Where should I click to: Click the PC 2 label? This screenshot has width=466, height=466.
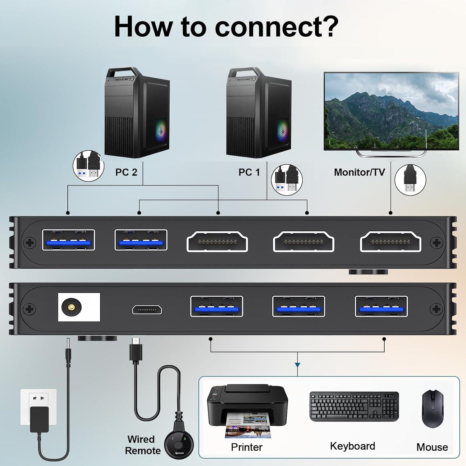click(x=126, y=172)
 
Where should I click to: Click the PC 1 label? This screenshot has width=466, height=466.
click(x=249, y=172)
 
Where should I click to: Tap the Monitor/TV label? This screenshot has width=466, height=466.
click(x=359, y=172)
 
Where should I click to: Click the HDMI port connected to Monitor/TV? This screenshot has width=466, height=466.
click(x=391, y=241)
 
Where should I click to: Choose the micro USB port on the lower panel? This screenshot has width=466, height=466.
click(x=147, y=309)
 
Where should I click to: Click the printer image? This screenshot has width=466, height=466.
click(x=247, y=410)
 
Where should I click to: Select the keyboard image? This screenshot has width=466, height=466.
click(x=354, y=406)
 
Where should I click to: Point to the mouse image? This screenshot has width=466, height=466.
click(x=432, y=409)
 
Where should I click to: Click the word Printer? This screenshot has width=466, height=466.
click(x=247, y=447)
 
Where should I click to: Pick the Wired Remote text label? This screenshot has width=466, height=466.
click(x=142, y=445)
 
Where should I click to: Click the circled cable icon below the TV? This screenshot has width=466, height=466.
click(x=410, y=180)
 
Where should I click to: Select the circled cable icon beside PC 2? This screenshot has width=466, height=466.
click(x=88, y=166)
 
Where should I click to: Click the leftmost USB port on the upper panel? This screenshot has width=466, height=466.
click(x=68, y=240)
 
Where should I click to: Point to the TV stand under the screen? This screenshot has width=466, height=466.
click(x=391, y=153)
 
